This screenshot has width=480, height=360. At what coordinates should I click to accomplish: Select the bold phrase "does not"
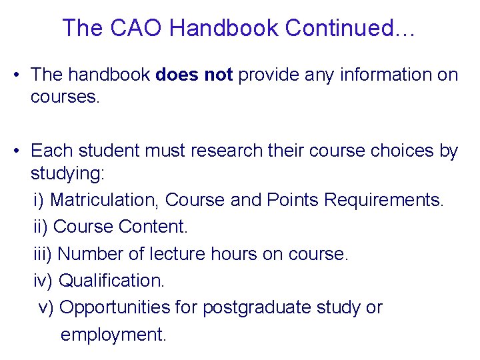point(194,75)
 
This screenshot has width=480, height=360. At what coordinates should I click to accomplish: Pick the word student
point(103,151)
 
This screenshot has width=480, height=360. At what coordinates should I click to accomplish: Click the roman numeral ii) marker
point(41,227)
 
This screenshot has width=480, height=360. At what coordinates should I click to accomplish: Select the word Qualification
point(111,281)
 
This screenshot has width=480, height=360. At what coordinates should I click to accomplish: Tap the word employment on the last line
point(113,334)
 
